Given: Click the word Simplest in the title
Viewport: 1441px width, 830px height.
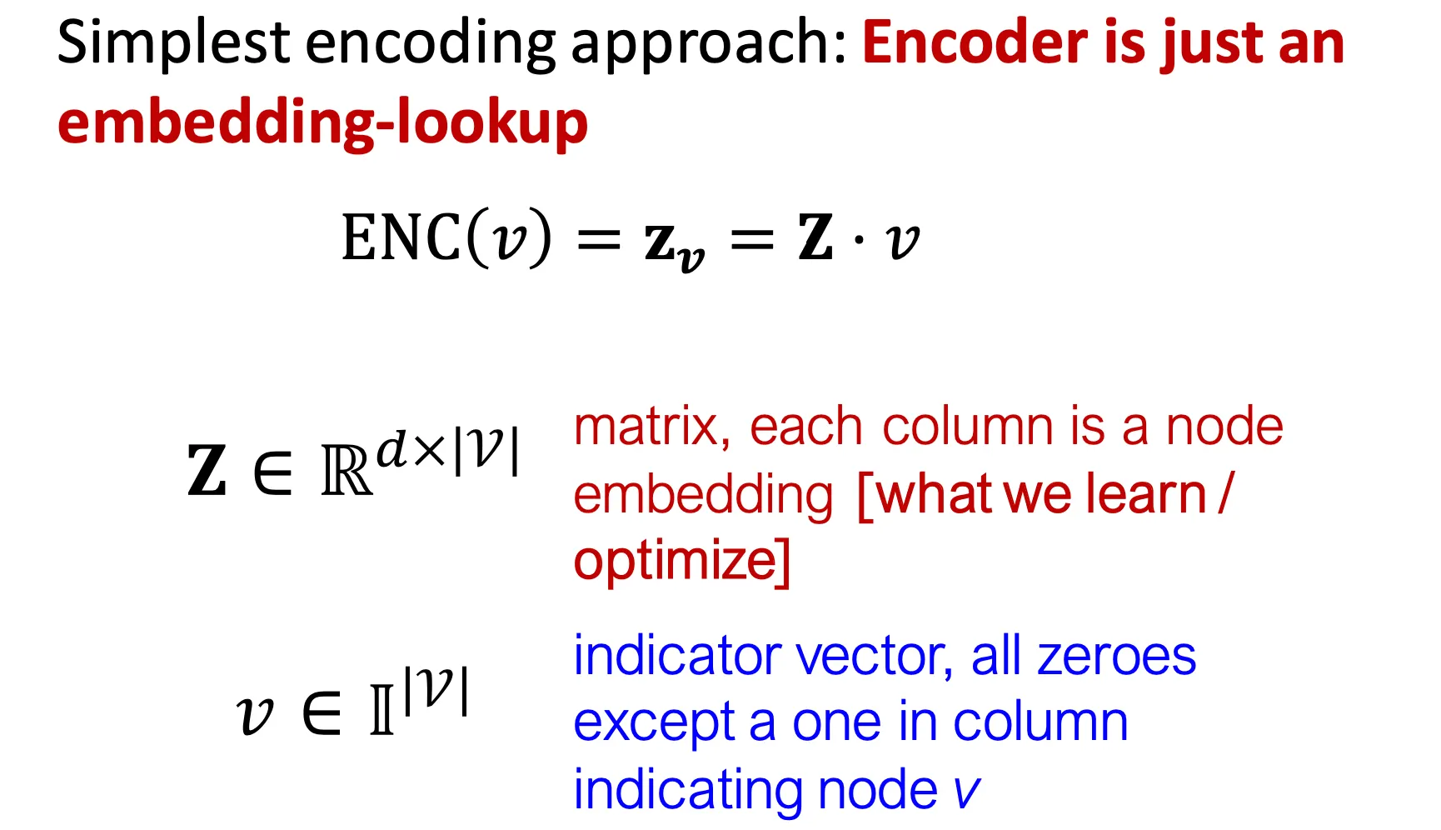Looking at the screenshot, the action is click(x=173, y=43).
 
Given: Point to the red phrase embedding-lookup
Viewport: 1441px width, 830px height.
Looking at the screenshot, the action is click(x=322, y=123).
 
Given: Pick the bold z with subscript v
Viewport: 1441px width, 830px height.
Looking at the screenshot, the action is click(x=674, y=244).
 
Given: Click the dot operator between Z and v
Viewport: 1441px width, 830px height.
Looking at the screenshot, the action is click(x=859, y=241).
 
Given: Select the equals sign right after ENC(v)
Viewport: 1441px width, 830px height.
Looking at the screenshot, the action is click(x=599, y=240).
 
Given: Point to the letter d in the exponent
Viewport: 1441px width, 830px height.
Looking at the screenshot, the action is click(x=393, y=449).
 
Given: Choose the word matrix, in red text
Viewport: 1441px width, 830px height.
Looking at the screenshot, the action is click(x=652, y=427).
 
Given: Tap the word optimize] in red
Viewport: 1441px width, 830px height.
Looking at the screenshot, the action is click(x=682, y=561).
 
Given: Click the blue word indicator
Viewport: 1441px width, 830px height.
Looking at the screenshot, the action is click(x=677, y=656).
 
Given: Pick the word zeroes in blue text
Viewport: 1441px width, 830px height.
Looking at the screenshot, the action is click(x=1116, y=657).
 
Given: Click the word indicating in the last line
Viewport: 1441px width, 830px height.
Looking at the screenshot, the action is click(x=687, y=791).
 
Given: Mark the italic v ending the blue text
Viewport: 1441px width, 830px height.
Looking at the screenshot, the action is click(x=966, y=791).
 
